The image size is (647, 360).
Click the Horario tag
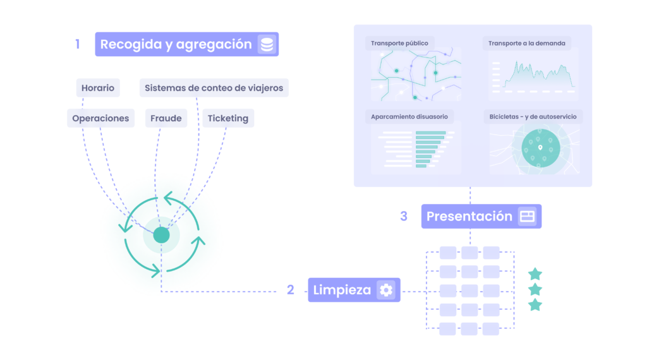[x=98, y=88]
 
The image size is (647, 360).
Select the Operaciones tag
[x=100, y=118]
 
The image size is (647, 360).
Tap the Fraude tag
[x=166, y=118]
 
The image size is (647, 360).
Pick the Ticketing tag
[x=227, y=118]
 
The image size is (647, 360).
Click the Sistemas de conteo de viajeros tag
[x=214, y=88]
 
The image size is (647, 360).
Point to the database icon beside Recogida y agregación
[x=267, y=44]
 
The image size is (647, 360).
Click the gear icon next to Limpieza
[x=386, y=290]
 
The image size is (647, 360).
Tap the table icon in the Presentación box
[x=528, y=217]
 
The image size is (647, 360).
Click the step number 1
[x=78, y=44]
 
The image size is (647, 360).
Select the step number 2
[x=291, y=290]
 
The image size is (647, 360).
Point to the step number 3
[x=404, y=217]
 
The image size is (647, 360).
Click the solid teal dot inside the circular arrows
[x=161, y=235]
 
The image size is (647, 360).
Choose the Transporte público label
[x=399, y=44]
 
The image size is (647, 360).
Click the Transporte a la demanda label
[x=527, y=44]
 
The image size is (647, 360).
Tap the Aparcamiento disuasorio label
[x=409, y=117]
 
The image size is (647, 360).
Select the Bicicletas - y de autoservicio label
[x=533, y=117]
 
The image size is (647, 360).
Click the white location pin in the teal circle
[x=540, y=147]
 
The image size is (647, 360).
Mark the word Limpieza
[x=342, y=290]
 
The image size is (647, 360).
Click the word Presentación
[x=469, y=217]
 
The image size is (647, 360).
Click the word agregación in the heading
[x=214, y=45]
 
